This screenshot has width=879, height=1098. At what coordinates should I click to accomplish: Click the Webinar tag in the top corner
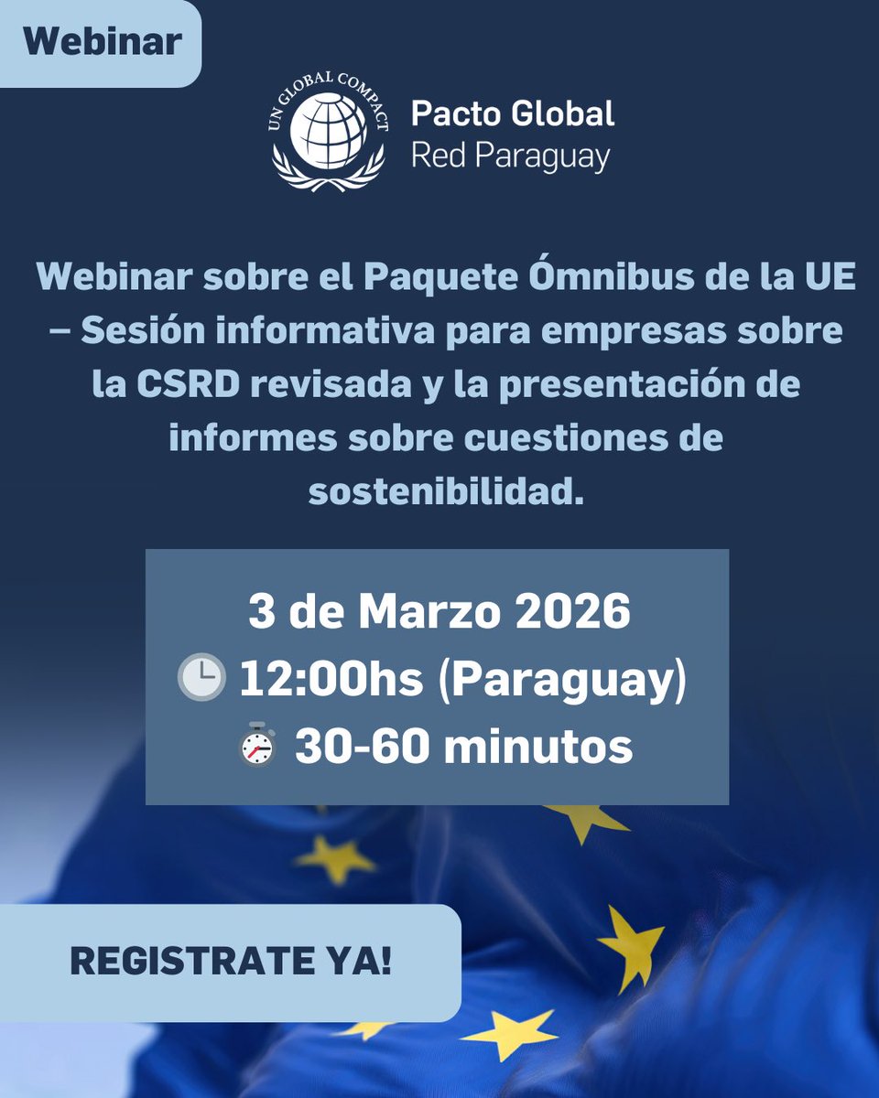(102, 42)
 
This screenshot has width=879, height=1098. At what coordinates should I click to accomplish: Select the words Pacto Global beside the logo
(513, 114)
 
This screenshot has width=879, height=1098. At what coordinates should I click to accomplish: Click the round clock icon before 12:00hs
(201, 680)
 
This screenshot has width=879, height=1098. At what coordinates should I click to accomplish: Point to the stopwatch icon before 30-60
(258, 746)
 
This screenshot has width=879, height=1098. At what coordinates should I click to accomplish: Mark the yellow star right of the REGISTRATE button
(631, 946)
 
